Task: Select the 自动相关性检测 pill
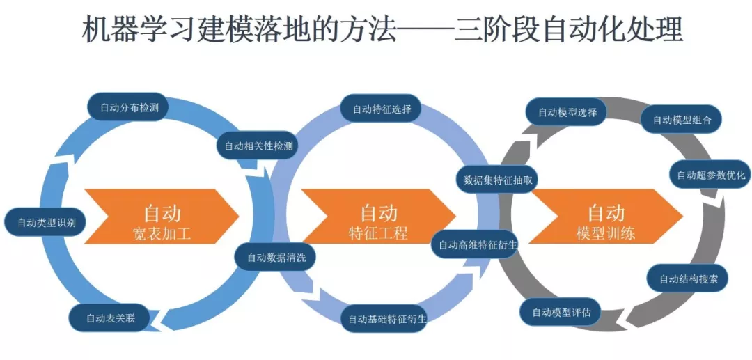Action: [x=258, y=146]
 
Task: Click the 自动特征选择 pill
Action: [x=382, y=109]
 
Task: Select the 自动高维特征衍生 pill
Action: [x=478, y=244]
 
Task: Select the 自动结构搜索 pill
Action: [x=693, y=279]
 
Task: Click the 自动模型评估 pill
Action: [x=561, y=312]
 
